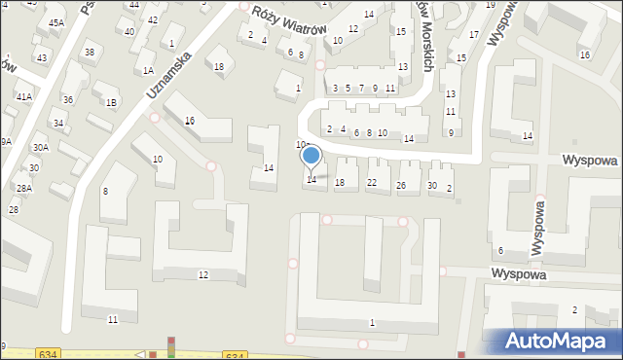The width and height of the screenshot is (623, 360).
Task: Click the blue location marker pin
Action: (311, 157)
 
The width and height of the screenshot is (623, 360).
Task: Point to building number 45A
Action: (56, 22)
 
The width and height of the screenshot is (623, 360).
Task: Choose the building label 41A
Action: (24, 97)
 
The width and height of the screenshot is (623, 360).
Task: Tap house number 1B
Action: (111, 102)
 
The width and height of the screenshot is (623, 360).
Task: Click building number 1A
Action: (148, 71)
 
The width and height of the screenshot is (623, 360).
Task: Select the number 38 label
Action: (90, 53)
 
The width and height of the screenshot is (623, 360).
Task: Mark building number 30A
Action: (40, 147)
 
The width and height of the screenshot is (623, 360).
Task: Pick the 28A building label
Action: (23, 188)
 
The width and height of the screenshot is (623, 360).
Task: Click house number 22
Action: (372, 183)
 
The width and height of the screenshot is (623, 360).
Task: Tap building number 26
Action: (401, 185)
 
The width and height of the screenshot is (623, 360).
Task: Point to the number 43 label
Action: (42, 58)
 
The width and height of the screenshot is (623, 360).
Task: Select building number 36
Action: (67, 100)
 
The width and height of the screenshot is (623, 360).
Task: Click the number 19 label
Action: (490, 5)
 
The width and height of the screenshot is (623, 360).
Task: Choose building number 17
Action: (474, 35)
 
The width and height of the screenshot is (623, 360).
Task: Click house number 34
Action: (58, 124)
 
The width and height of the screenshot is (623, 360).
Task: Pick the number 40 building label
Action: (129, 32)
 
